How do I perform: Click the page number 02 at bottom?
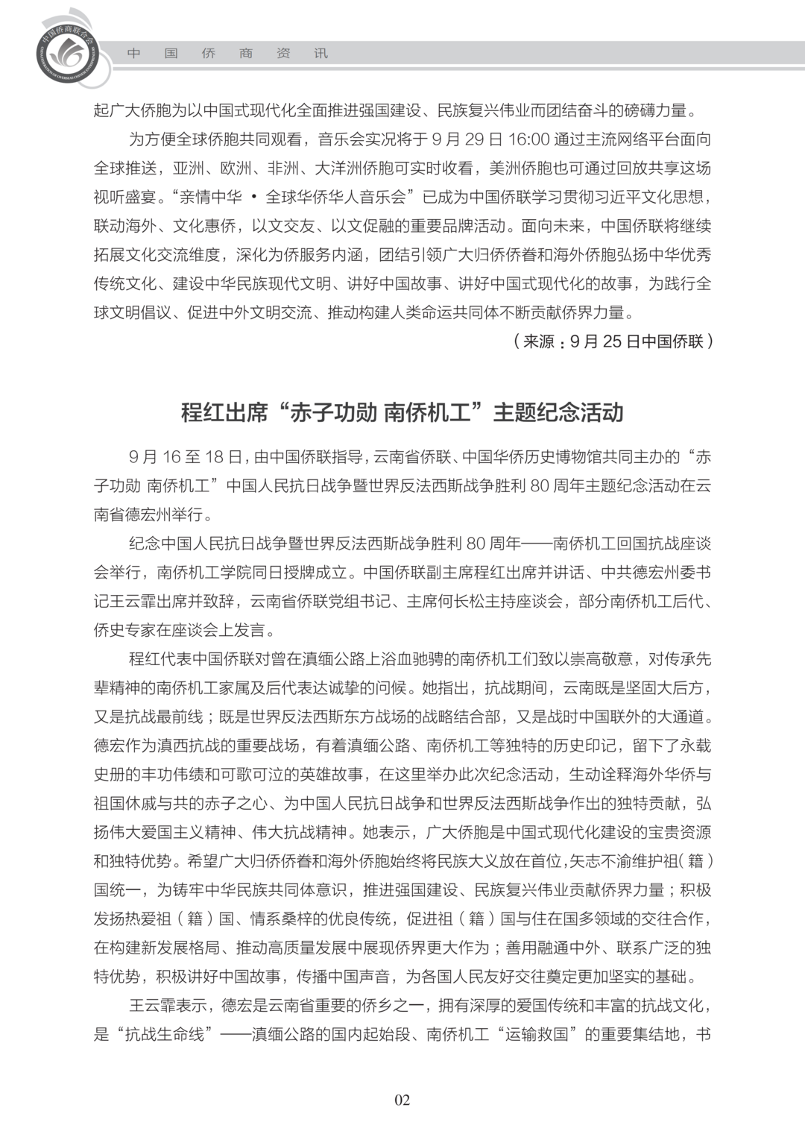[x=402, y=1100]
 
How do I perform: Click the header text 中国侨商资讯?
[x=227, y=54]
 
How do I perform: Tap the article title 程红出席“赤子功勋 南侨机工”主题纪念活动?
[x=402, y=412]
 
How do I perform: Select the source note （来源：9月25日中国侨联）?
[x=613, y=341]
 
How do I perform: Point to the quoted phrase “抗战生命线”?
[x=165, y=1034]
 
